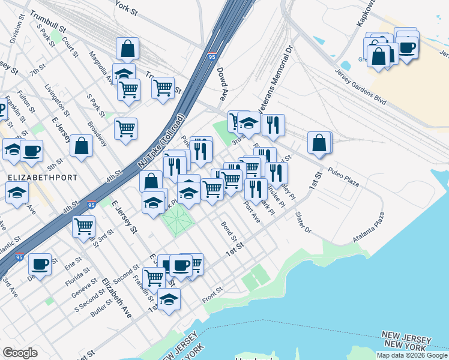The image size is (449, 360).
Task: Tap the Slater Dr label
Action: [x=304, y=222]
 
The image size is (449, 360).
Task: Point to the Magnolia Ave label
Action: [x=108, y=68]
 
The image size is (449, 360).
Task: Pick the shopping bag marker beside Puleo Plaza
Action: [x=320, y=142]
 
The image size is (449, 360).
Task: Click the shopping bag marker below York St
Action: [x=128, y=49]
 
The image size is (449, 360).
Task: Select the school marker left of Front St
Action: [x=169, y=299]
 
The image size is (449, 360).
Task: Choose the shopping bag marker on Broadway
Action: [x=81, y=146]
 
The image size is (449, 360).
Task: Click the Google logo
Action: [x=20, y=353]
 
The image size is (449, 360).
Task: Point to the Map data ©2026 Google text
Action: [x=412, y=355]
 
